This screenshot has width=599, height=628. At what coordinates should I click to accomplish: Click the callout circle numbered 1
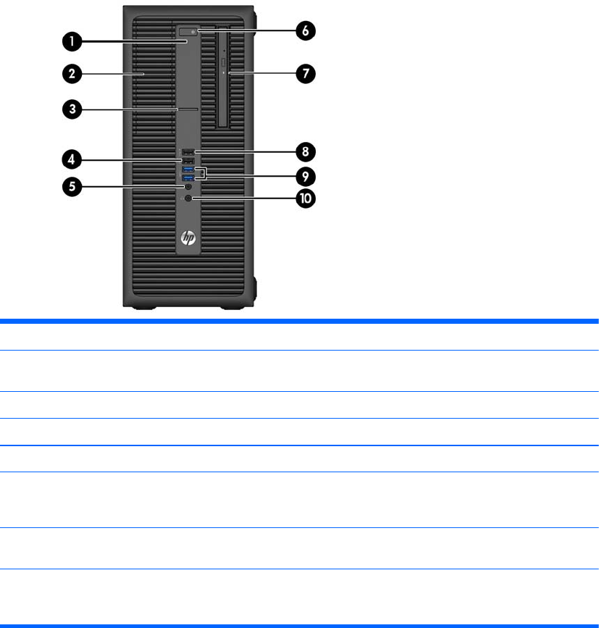pos(71,42)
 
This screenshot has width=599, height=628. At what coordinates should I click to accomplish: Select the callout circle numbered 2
pos(71,73)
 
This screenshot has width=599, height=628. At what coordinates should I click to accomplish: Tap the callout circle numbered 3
pos(71,110)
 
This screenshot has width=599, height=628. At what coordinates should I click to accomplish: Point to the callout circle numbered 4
pos(71,157)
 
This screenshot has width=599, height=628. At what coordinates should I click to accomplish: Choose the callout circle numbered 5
pos(71,186)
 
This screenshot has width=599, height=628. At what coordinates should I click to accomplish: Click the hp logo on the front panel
pos(189,237)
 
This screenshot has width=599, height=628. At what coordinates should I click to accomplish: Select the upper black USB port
pos(188,152)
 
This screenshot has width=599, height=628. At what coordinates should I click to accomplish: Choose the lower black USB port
pos(188,161)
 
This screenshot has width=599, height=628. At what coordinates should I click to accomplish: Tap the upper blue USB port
pos(188,169)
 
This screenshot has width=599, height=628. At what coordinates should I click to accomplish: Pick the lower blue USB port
pos(188,178)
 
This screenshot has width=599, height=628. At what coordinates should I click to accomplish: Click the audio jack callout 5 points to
pos(189,187)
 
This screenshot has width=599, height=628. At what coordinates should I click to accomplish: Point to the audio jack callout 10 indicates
pos(189,198)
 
